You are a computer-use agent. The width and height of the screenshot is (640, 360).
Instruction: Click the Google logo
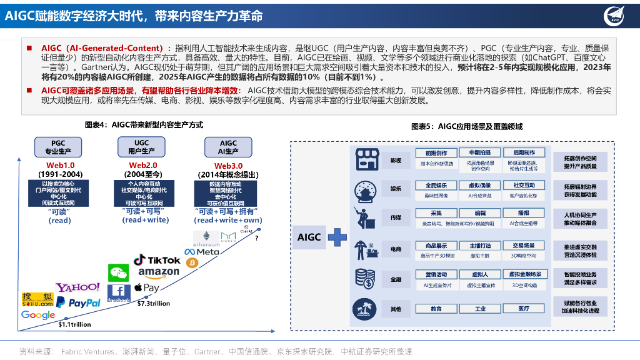[38, 315]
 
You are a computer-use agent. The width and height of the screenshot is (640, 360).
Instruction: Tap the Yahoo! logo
[77, 287]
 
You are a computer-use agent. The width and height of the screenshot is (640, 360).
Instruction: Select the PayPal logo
[78, 302]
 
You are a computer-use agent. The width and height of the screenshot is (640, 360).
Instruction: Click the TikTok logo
[156, 259]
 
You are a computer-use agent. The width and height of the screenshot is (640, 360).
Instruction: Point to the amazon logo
[158, 272]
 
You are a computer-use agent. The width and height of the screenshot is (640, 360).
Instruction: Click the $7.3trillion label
[153, 303]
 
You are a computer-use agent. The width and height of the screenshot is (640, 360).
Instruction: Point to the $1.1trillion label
[74, 324]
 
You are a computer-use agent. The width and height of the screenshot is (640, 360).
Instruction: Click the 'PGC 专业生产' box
[57, 147]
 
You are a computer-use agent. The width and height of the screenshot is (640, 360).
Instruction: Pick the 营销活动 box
[436, 274]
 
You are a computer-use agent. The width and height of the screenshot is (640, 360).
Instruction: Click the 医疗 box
[524, 309]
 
